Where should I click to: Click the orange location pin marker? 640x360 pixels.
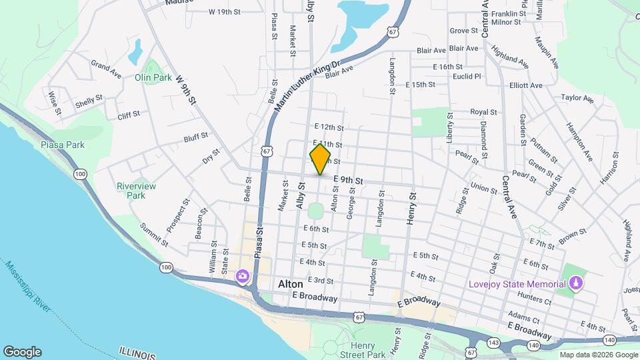(x=320, y=159)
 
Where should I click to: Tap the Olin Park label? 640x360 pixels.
(x=153, y=77)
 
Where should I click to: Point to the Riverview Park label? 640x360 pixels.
(x=136, y=191)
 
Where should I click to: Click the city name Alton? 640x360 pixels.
(x=290, y=284)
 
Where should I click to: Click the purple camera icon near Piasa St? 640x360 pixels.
(x=242, y=275)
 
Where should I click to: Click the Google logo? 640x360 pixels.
(x=22, y=352)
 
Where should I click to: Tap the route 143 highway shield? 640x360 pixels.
(x=494, y=342)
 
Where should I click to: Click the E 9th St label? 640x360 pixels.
(x=347, y=181)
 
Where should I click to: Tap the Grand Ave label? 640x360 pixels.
(x=106, y=68)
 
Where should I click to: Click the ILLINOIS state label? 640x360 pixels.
(x=137, y=353)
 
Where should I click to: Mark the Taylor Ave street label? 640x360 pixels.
(x=577, y=98)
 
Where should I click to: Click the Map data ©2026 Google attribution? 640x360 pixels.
(x=599, y=355)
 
